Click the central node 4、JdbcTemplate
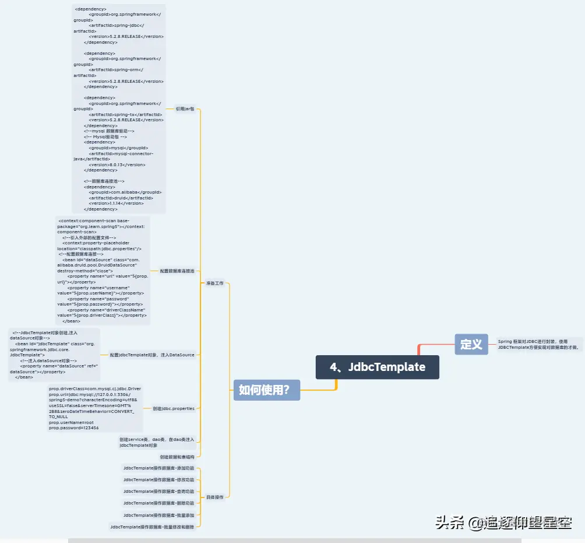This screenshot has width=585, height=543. pyautogui.click(x=377, y=367)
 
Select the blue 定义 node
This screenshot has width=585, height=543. pyautogui.click(x=471, y=344)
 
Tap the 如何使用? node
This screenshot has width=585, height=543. pyautogui.click(x=266, y=390)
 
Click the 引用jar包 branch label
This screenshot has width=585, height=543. pyautogui.click(x=185, y=108)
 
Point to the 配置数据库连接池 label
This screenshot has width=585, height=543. pyautogui.click(x=177, y=271)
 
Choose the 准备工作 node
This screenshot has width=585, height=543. pyautogui.click(x=214, y=283)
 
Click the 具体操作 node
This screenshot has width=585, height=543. pyautogui.click(x=214, y=497)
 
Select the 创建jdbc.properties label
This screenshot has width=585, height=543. pyautogui.click(x=173, y=408)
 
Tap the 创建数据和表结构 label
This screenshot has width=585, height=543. pyautogui.click(x=177, y=457)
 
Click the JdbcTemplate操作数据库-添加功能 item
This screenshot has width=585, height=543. pyautogui.click(x=158, y=468)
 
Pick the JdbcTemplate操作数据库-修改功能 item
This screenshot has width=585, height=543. pyautogui.click(x=158, y=479)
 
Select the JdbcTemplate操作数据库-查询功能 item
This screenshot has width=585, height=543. pyautogui.click(x=158, y=491)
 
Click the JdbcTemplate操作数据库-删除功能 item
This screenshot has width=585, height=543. pyautogui.click(x=158, y=503)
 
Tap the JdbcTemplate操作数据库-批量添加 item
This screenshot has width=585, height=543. pyautogui.click(x=158, y=515)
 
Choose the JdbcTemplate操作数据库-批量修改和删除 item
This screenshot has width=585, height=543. pyautogui.click(x=153, y=527)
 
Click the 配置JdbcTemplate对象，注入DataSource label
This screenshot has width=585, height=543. pyautogui.click(x=152, y=355)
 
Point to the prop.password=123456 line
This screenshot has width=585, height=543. pyautogui.click(x=73, y=428)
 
